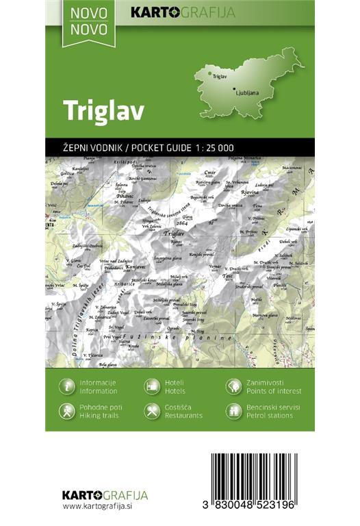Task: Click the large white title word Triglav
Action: (x=103, y=111)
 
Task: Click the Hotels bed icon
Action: (x=152, y=386)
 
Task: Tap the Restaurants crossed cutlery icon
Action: (x=152, y=411)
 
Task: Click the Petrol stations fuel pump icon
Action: (x=234, y=411)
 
